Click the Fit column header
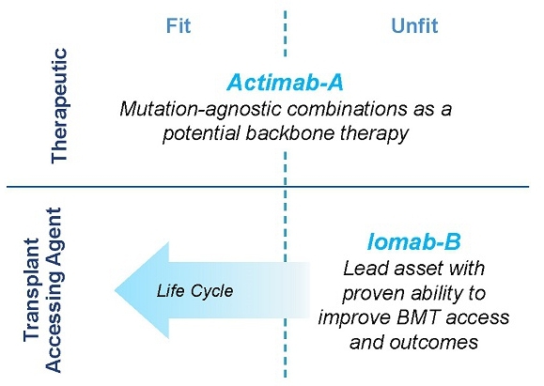point(179,25)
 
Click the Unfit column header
point(414,25)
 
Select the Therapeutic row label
point(59,105)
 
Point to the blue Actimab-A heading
point(286,83)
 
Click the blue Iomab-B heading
point(414,241)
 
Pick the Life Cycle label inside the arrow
point(194,290)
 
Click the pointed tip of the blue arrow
point(115,290)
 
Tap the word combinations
point(348,109)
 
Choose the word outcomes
point(434,343)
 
